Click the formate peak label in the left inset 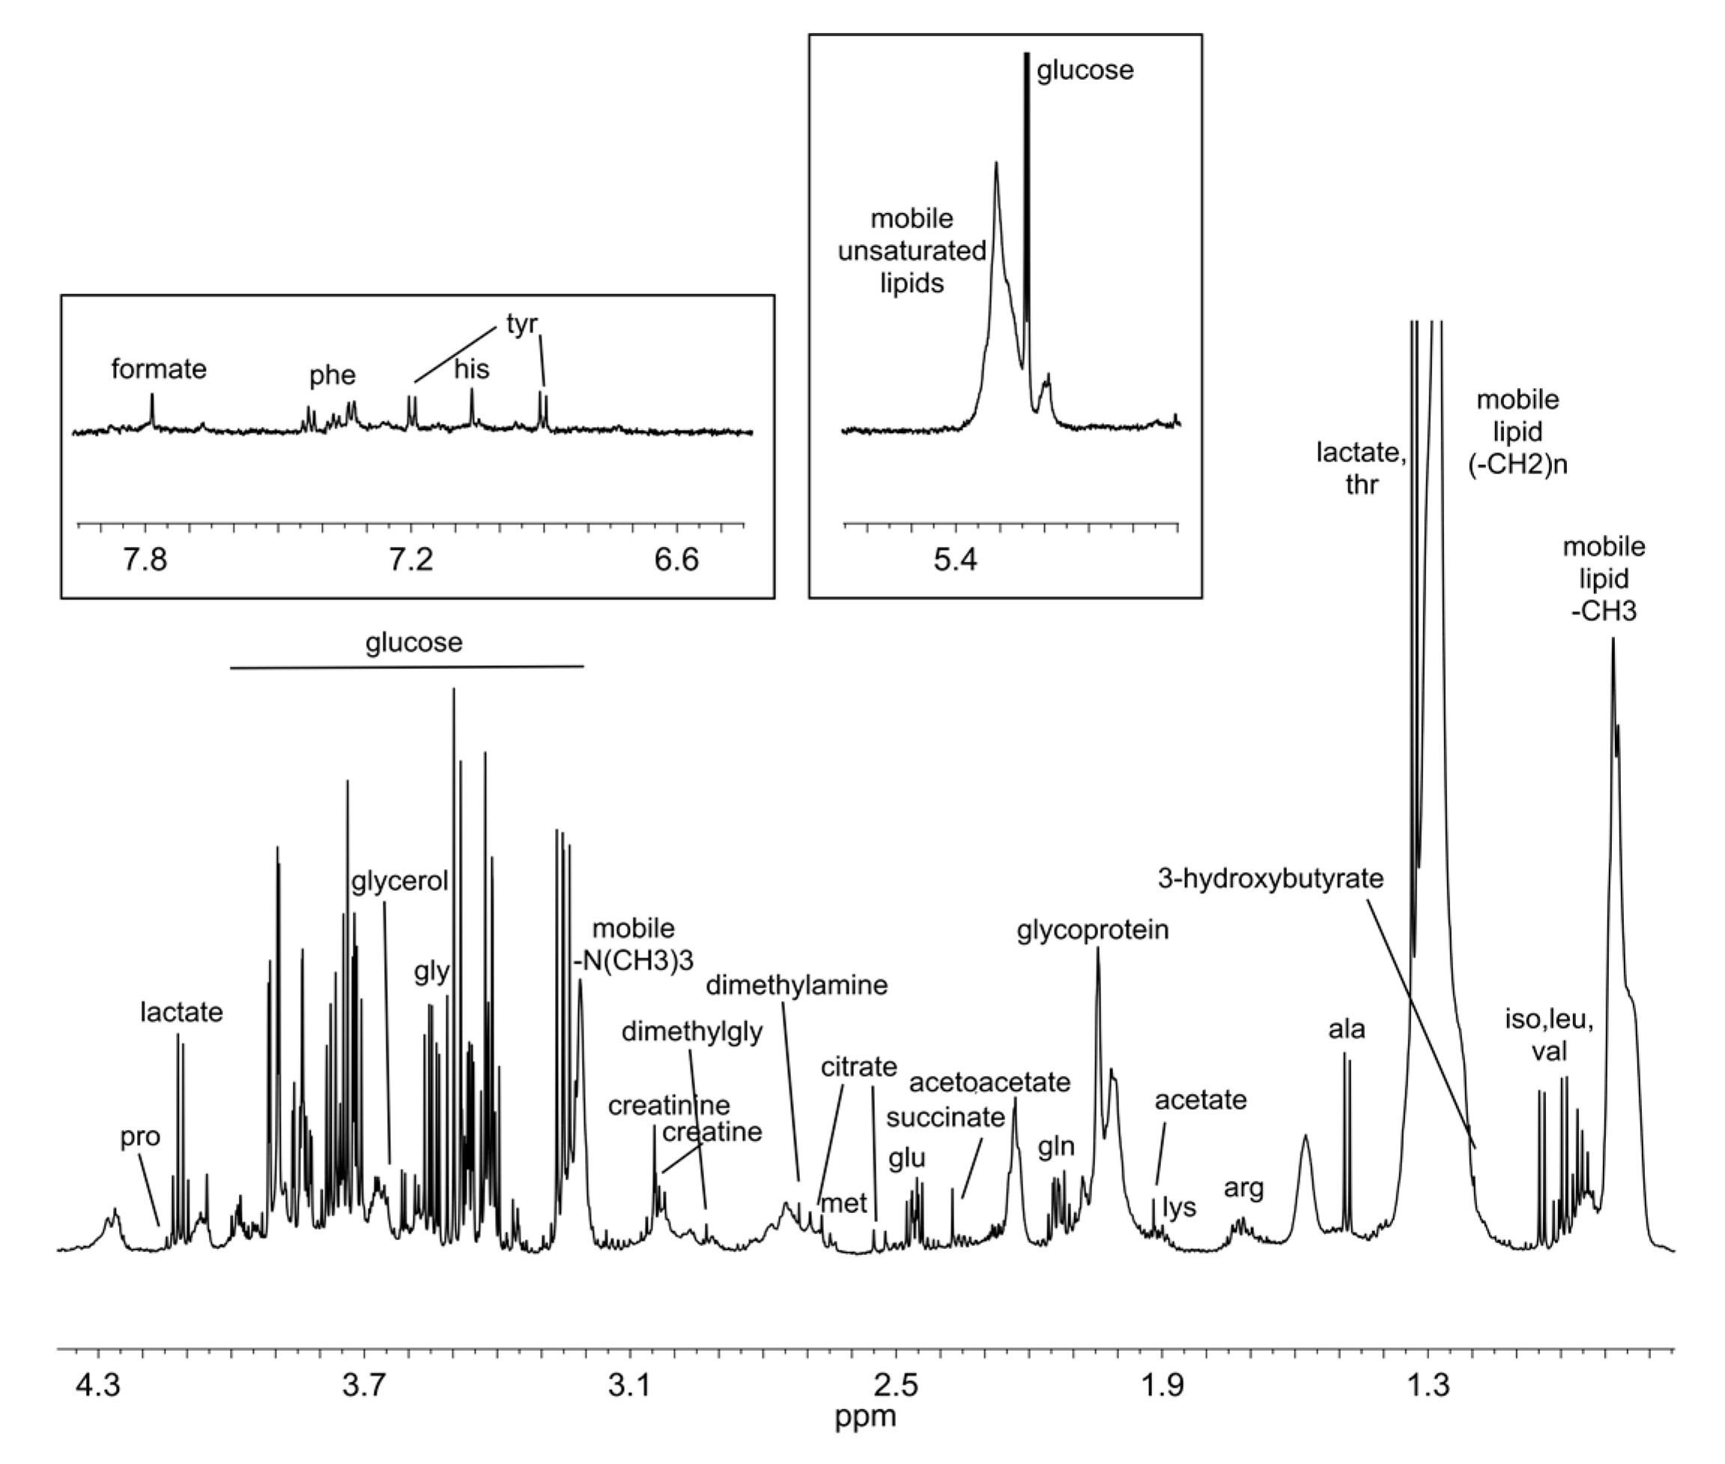tap(159, 369)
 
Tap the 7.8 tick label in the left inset tap(145, 560)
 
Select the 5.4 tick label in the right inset tap(955, 560)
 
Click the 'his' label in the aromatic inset tap(471, 369)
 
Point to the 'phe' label tap(332, 376)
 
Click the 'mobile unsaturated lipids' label tap(911, 252)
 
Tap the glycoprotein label tap(1093, 931)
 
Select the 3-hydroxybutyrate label tap(1270, 879)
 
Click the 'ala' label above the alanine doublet tap(1346, 1030)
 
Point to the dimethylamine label tap(796, 986)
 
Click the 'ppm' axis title tap(864, 1417)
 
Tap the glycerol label tap(399, 881)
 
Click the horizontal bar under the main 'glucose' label tap(407, 666)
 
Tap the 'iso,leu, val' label tap(1549, 1035)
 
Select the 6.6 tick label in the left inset tap(676, 560)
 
